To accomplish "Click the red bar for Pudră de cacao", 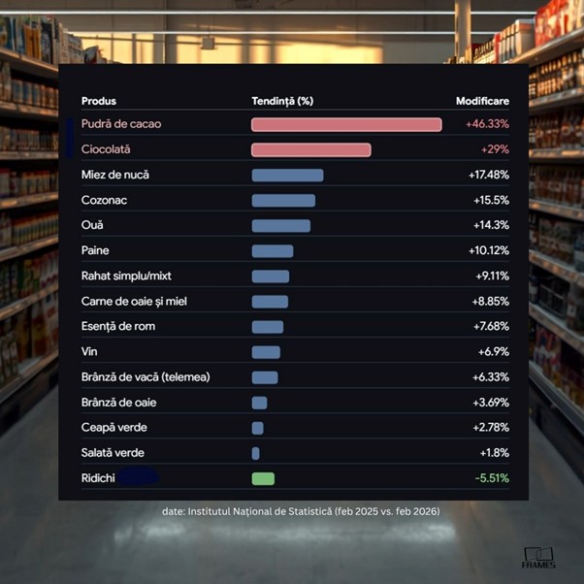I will (346, 125).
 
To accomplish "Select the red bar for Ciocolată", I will (310, 150).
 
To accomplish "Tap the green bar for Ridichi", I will (263, 478).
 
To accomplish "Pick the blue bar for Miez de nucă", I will (287, 176).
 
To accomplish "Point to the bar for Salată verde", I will (255, 453).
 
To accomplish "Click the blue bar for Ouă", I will (280, 226).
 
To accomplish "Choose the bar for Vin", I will (266, 352).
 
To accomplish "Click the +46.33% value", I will (487, 125).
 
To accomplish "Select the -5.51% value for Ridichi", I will (492, 478).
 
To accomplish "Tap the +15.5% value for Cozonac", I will (489, 201).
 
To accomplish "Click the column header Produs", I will (99, 101).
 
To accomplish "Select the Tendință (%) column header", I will (282, 101).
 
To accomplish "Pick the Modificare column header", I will (482, 101).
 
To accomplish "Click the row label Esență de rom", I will (118, 327).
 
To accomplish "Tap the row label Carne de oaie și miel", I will (134, 302).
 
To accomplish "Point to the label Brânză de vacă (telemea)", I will (146, 377).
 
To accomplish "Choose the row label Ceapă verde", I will (114, 428).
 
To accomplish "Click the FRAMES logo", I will (538, 559).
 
